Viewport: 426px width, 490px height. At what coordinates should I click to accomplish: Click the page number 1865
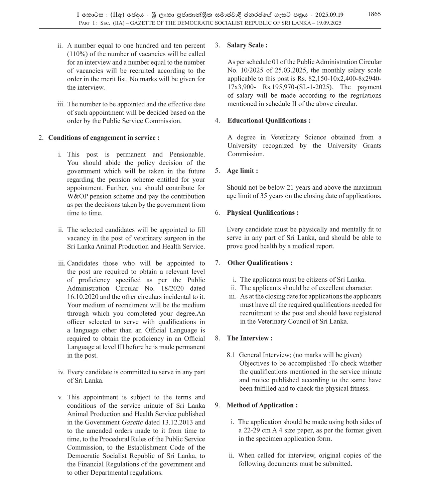click(x=374, y=14)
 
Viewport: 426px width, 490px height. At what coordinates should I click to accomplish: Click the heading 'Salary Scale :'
click(x=247, y=45)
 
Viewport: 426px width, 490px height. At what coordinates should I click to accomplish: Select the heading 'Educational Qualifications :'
click(x=269, y=120)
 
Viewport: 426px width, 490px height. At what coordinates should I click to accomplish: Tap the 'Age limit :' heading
click(x=242, y=171)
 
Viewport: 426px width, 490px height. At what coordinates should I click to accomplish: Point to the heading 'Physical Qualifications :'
click(x=263, y=212)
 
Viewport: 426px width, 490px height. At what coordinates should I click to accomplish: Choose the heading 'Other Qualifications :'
click(x=260, y=263)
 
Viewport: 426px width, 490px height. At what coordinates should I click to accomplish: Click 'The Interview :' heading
click(x=250, y=338)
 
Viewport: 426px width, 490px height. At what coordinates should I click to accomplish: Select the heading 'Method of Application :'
click(x=262, y=405)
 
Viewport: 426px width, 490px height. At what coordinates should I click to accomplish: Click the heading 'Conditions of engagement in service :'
click(x=104, y=137)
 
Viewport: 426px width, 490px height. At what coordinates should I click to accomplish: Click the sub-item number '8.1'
click(x=231, y=355)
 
